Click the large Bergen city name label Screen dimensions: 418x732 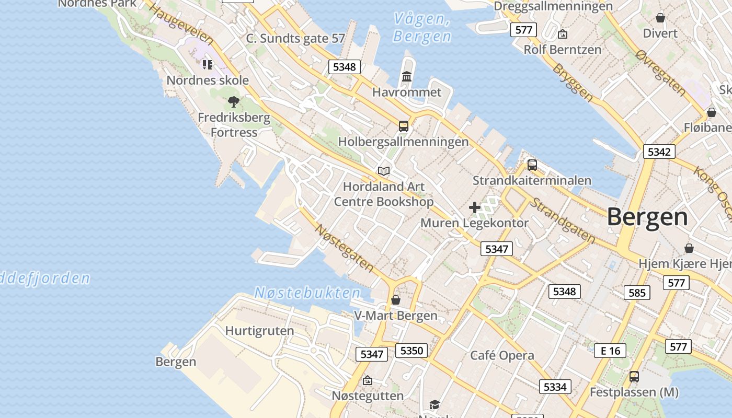(647, 217)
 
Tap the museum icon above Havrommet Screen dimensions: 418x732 (407, 77)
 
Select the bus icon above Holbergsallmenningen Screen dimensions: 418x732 (404, 126)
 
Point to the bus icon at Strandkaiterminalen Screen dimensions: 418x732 (532, 165)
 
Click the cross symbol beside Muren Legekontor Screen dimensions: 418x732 (475, 207)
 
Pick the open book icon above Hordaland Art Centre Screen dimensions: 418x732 (384, 171)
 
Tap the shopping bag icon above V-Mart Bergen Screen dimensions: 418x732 (396, 300)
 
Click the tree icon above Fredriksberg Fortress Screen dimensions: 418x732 (234, 101)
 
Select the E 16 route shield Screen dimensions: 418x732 (610, 351)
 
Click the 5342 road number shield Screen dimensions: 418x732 (659, 152)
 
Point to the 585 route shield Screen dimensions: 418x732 (637, 293)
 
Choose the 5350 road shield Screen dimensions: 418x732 (411, 350)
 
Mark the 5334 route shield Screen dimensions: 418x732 (555, 387)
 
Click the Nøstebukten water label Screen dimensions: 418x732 (307, 293)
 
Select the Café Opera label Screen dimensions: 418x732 (502, 356)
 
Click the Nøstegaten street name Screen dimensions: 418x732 (345, 248)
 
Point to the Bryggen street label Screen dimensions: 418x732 (573, 82)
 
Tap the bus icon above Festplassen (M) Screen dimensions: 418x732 (634, 376)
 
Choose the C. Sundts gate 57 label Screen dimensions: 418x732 (295, 38)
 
